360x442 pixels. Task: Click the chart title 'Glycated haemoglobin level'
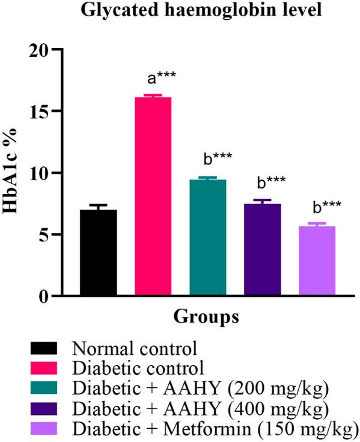180,11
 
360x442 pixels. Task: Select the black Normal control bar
98,252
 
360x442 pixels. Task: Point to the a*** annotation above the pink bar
162,79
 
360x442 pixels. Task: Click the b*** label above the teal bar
218,159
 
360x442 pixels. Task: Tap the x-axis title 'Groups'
207,316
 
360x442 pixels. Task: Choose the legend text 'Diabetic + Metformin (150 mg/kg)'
214,430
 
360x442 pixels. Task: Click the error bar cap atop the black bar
98,205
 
